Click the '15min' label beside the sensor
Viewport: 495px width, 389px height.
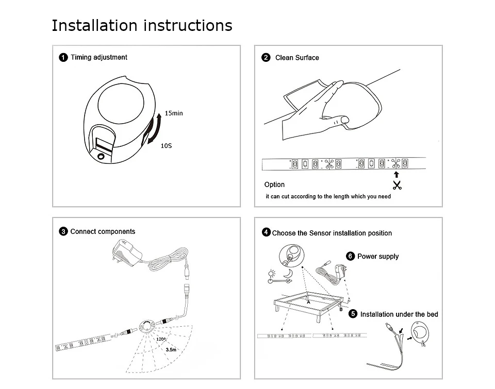point(174,113)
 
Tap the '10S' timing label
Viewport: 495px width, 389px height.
point(166,146)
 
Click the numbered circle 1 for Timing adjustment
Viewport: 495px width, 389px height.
point(63,57)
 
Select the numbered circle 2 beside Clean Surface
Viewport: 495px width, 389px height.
point(266,58)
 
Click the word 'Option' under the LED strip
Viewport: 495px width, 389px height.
point(274,184)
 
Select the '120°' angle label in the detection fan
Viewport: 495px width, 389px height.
point(160,339)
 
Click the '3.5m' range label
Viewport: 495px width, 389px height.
point(171,350)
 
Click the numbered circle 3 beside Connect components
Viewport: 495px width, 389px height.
point(63,232)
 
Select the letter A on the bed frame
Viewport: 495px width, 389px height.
point(308,302)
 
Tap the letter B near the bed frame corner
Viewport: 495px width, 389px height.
point(341,309)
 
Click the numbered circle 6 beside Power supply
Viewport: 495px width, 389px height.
point(351,256)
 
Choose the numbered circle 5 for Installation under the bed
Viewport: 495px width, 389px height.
point(353,314)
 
